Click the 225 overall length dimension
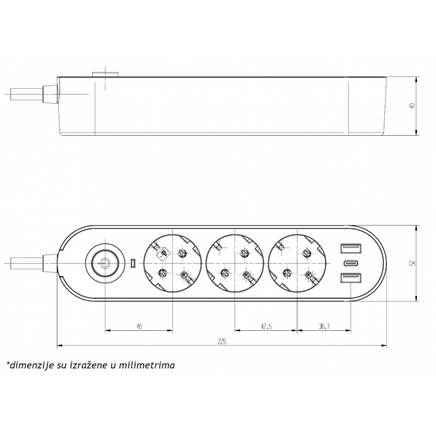(222, 341)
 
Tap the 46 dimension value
(139, 326)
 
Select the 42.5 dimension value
(266, 326)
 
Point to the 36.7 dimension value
(324, 326)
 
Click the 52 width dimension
(413, 263)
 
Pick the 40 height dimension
(413, 106)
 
